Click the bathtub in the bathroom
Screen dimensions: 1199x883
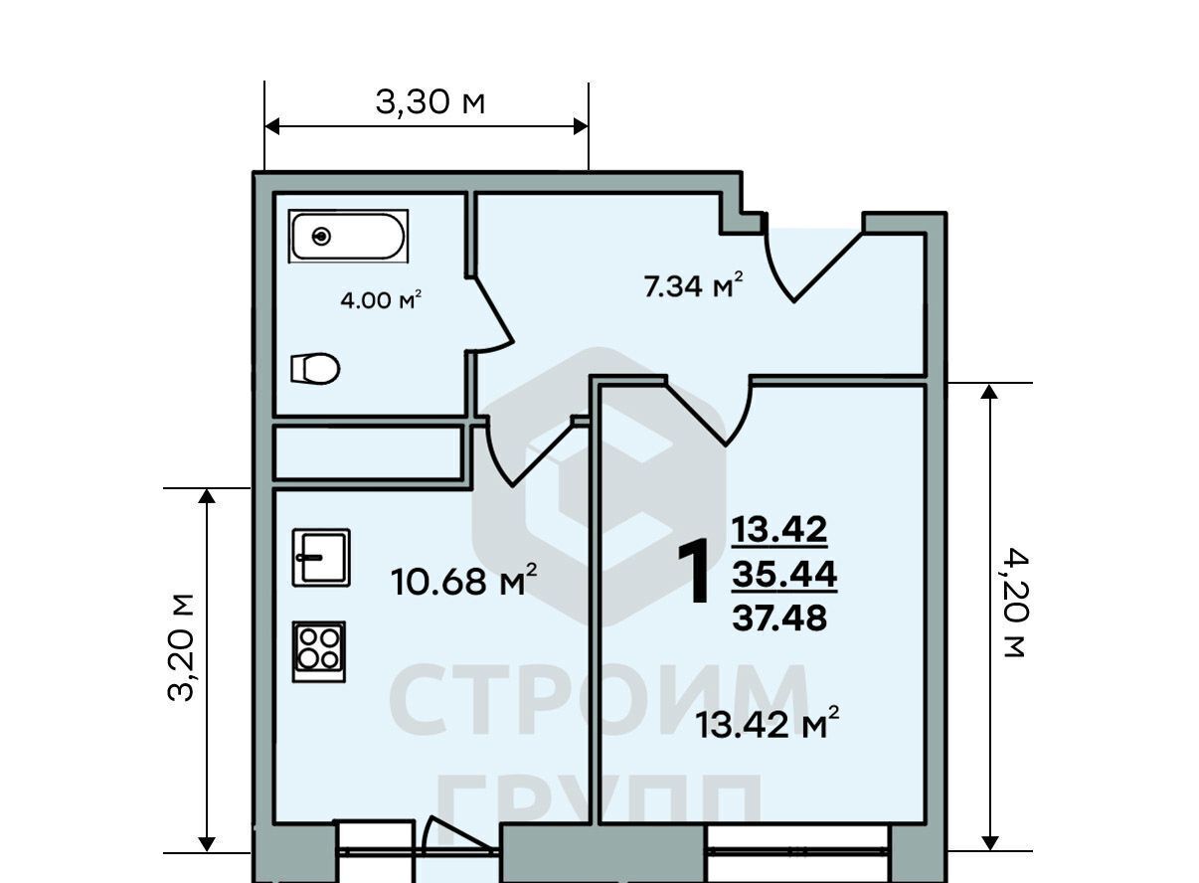click(348, 236)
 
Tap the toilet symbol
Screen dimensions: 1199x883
click(315, 368)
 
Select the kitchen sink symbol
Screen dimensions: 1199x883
click(321, 558)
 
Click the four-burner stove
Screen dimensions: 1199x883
click(319, 651)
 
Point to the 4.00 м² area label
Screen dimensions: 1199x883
click(381, 300)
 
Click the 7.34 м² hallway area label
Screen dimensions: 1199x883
click(694, 284)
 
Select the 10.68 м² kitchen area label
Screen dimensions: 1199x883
click(464, 580)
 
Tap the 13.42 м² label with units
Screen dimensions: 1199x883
click(768, 722)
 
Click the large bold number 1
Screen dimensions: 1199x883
click(695, 572)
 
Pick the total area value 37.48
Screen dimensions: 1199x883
click(779, 618)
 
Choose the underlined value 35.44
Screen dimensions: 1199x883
click(784, 575)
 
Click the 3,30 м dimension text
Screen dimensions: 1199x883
click(430, 101)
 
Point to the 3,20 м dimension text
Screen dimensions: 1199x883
click(181, 647)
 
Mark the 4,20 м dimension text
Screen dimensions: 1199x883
click(1014, 602)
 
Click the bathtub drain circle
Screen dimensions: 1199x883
click(321, 236)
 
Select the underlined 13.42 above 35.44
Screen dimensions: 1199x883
click(779, 529)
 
